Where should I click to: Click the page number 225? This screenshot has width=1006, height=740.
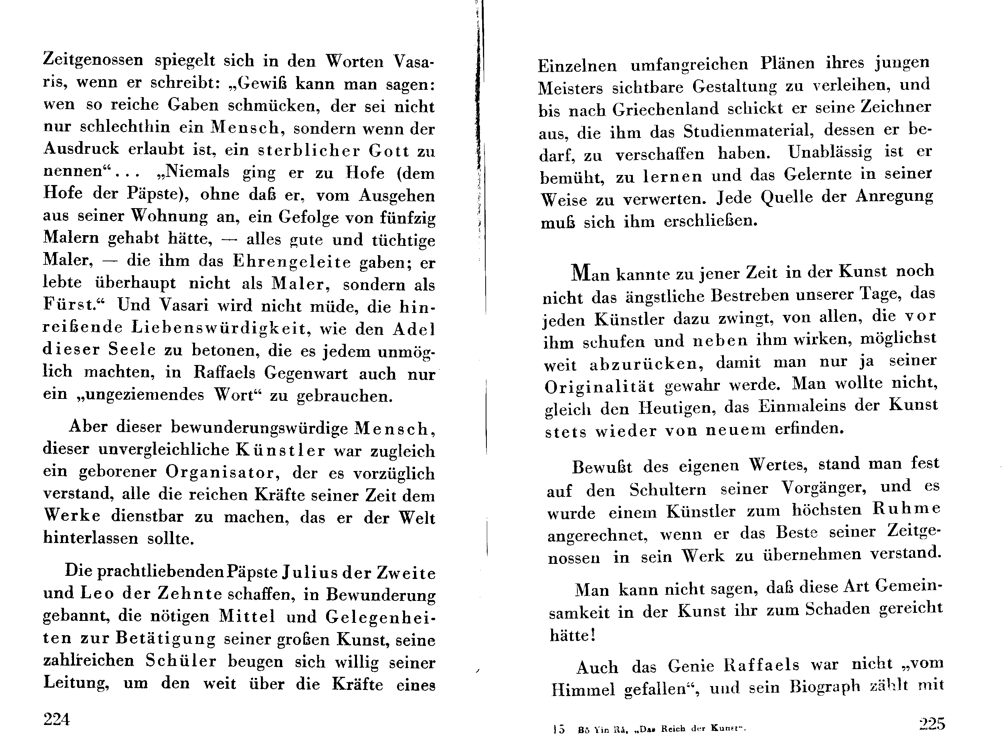(x=932, y=723)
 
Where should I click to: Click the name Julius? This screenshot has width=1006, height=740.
(x=309, y=573)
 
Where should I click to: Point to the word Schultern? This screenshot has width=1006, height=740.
(x=667, y=489)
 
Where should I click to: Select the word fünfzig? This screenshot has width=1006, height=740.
(x=407, y=218)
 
